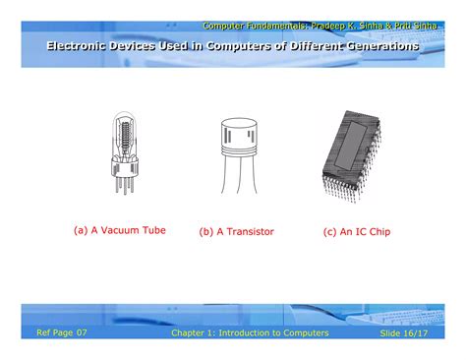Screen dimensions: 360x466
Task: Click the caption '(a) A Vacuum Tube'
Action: point(120,230)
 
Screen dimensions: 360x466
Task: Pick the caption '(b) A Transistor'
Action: point(236,232)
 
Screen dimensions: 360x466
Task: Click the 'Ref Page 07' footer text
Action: point(62,332)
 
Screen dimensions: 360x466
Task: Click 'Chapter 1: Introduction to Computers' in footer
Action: point(250,333)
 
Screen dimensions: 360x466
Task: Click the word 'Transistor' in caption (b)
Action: point(249,232)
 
